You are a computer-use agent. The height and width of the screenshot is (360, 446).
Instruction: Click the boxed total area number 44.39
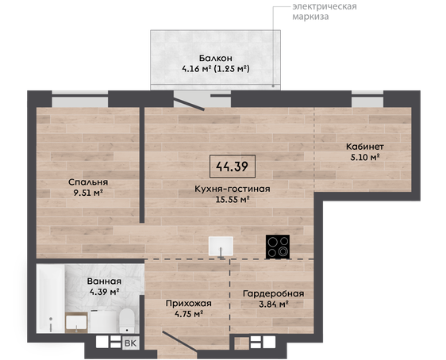[232, 167]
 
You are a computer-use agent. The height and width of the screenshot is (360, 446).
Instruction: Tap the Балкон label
[216, 58]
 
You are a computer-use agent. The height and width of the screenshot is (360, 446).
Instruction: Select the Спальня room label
[88, 182]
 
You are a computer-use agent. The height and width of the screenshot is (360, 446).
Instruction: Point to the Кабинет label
[365, 147]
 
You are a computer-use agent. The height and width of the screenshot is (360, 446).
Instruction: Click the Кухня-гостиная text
[233, 189]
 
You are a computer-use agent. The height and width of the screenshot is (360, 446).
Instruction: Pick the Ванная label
[104, 281]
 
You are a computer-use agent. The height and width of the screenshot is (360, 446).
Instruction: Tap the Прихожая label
[189, 304]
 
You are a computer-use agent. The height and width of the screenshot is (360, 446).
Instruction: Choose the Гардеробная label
[273, 293]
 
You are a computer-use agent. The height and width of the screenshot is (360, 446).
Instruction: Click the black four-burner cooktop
[278, 247]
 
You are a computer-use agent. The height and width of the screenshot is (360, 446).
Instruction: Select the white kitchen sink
[221, 247]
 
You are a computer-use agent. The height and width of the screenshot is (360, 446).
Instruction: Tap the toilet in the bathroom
[126, 320]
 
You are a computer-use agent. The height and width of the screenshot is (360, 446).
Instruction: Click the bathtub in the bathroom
[51, 298]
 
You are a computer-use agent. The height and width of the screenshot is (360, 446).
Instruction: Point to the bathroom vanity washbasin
[76, 322]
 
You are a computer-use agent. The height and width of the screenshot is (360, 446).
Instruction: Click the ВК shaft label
[131, 343]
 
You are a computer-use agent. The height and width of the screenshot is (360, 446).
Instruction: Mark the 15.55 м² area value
[233, 200]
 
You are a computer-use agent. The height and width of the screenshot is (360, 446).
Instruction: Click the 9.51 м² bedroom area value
[88, 193]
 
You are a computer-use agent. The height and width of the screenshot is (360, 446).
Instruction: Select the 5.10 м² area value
[365, 158]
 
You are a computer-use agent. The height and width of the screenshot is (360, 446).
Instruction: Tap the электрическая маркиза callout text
[325, 11]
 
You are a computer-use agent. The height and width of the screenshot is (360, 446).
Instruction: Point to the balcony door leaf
[189, 104]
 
